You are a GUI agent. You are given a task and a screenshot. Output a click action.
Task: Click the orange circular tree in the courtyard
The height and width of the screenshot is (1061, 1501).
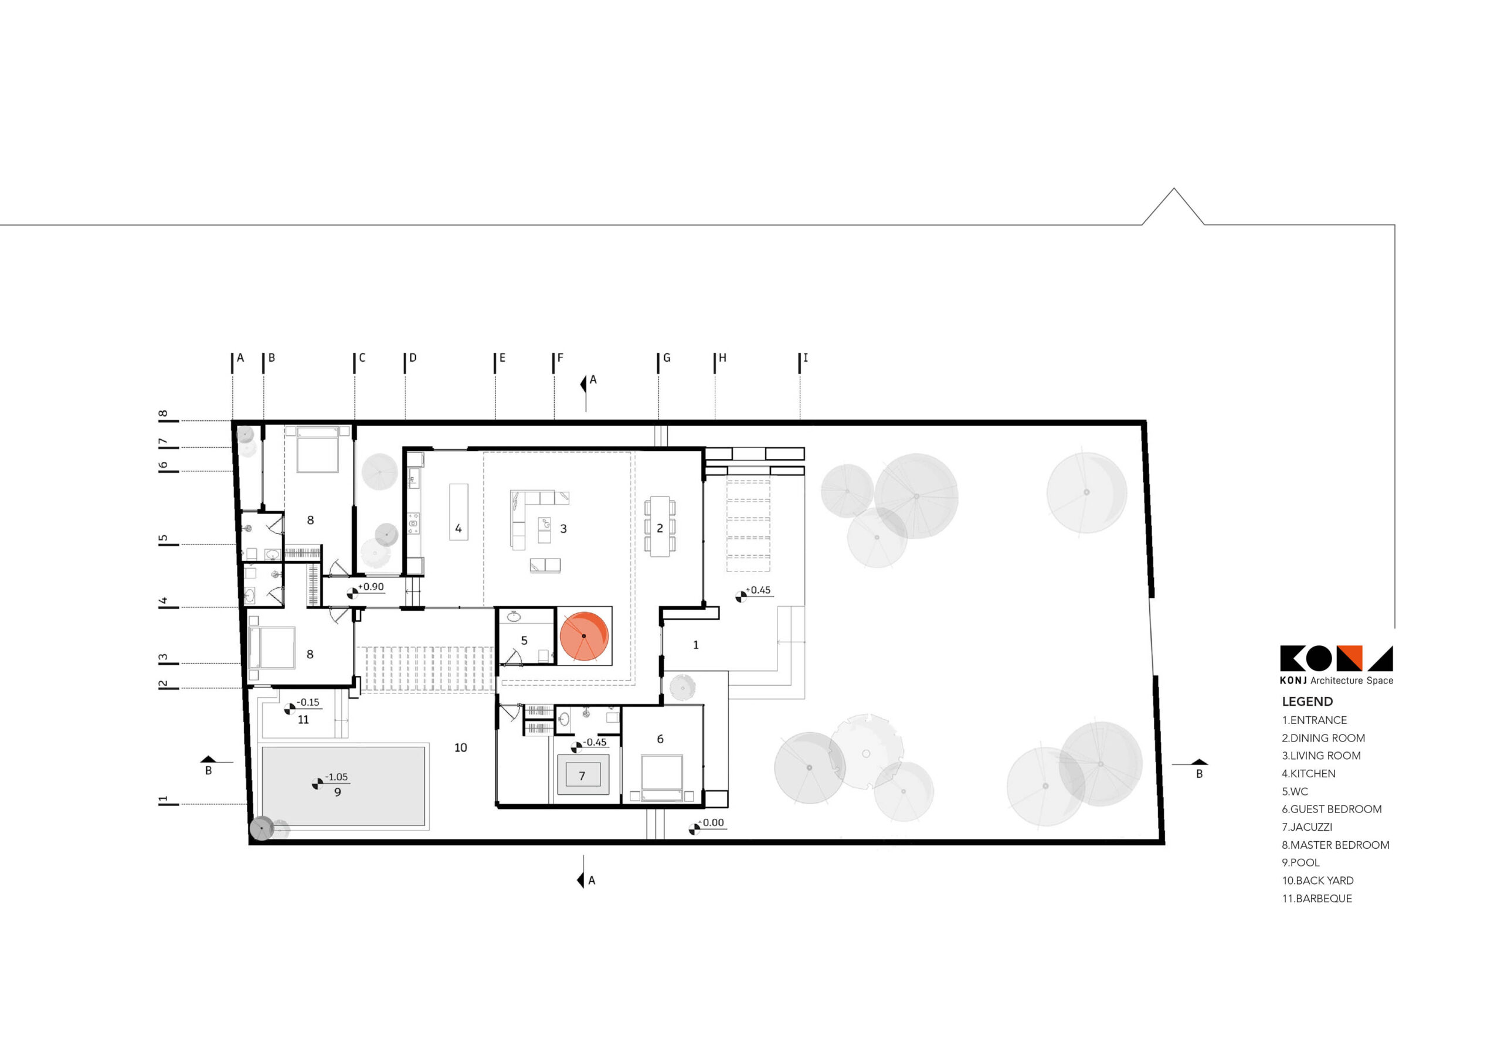point(584,636)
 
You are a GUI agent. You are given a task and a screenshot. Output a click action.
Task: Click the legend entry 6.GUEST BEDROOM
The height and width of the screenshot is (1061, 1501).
point(1332,809)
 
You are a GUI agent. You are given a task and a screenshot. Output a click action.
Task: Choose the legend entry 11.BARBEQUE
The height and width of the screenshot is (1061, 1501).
point(1317,898)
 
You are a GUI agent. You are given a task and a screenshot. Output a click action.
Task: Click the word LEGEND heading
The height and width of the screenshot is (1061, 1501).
point(1307,702)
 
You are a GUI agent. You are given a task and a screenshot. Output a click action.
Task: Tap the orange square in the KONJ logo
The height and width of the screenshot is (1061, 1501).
point(1349,658)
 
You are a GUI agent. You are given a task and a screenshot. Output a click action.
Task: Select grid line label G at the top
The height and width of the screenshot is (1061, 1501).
point(666,358)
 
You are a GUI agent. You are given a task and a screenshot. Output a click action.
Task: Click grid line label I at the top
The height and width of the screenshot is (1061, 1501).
point(806,358)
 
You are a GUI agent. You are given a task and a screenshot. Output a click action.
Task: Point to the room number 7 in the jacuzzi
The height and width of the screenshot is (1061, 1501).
point(582,776)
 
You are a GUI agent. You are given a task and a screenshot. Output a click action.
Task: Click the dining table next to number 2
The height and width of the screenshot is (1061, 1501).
point(660,526)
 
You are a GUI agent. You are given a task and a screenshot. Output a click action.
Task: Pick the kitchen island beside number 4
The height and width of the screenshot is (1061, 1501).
point(459,512)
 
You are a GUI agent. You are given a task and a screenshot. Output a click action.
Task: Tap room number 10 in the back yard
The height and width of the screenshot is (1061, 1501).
point(460,747)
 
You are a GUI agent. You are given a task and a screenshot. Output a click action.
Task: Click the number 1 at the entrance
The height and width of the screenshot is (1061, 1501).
point(695,645)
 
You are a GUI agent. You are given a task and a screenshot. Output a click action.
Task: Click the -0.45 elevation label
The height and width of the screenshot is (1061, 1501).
point(595,742)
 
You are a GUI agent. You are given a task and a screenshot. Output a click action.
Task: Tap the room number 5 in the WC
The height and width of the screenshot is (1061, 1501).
point(524,641)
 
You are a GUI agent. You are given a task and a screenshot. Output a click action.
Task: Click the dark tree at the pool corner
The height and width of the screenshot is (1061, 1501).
point(262,828)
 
